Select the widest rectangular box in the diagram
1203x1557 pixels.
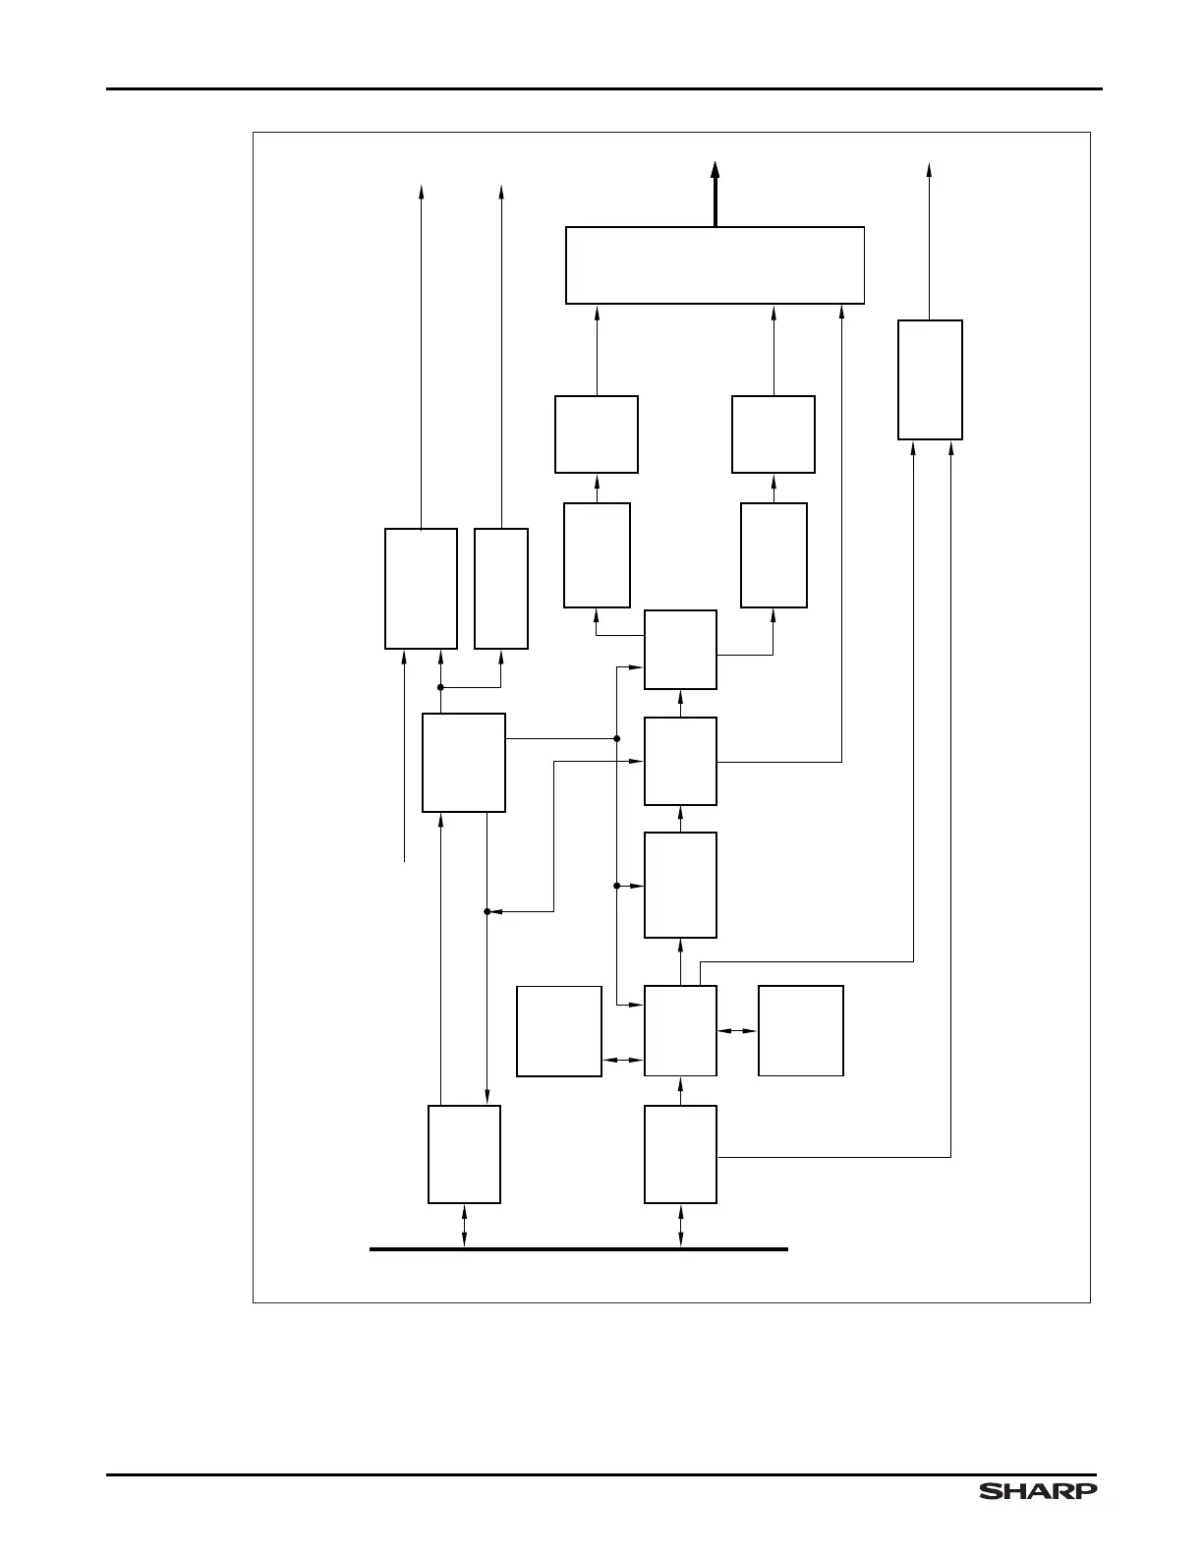[x=715, y=265]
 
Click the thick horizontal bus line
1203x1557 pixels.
[x=578, y=1248]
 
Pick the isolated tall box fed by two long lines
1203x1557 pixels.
[x=930, y=379]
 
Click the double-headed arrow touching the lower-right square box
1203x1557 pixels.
[x=737, y=1031]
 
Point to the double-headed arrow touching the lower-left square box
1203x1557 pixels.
[x=622, y=1060]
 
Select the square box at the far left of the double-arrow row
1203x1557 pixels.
[x=559, y=1031]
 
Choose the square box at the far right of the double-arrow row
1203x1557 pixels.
[x=801, y=1031]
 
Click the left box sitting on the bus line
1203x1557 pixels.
[x=464, y=1154]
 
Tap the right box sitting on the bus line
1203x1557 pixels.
[x=680, y=1154]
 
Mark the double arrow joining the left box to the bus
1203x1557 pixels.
[x=464, y=1226]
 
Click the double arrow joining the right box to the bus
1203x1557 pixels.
[x=680, y=1226]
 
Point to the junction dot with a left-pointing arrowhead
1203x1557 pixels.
[x=487, y=911]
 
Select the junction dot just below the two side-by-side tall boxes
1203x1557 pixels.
[x=440, y=687]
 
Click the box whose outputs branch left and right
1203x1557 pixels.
[x=680, y=650]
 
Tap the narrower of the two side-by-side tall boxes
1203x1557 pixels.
[x=501, y=589]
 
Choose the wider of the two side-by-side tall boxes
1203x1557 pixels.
[x=421, y=589]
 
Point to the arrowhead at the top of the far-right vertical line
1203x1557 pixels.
[x=929, y=170]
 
